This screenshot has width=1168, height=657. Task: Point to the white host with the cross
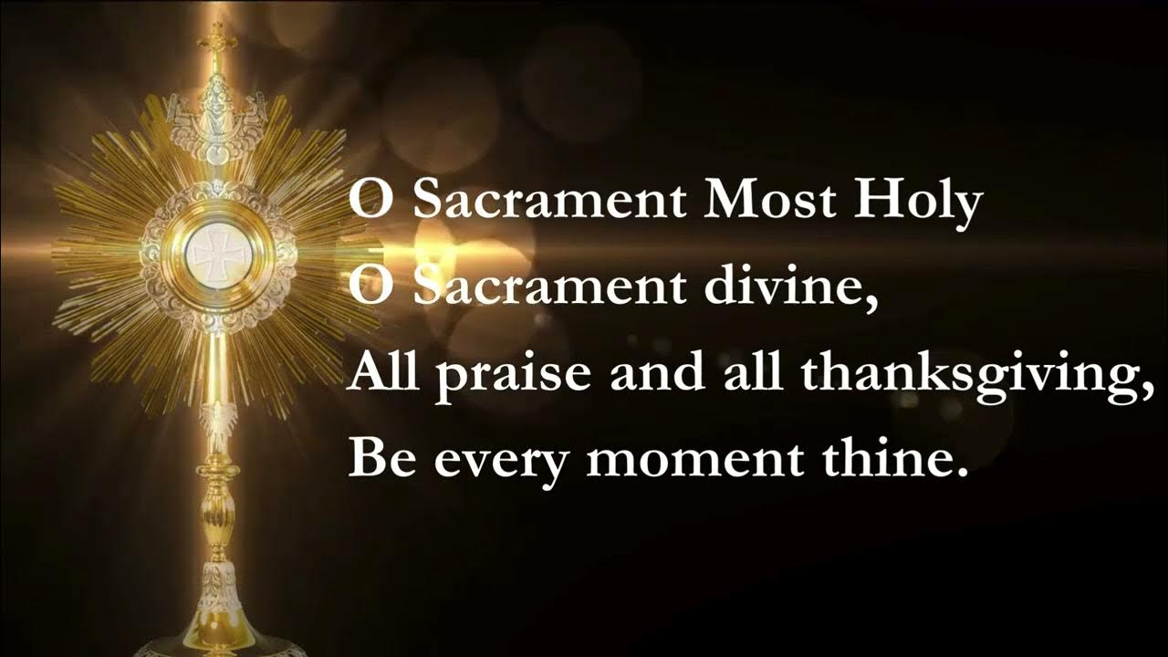pos(215,253)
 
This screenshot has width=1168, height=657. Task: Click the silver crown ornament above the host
pos(215,123)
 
